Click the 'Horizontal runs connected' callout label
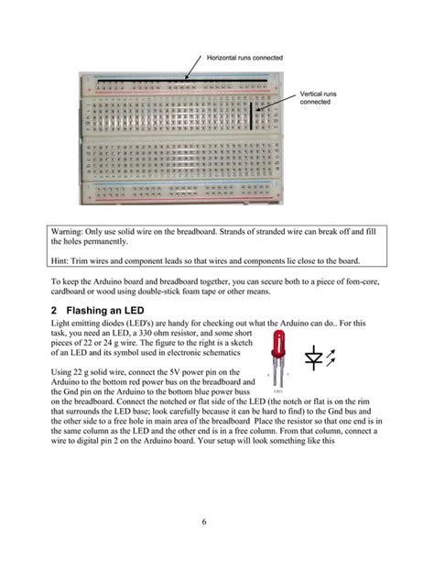[x=244, y=58]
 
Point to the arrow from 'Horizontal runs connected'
[x=190, y=69]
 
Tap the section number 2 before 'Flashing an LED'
[x=54, y=309]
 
